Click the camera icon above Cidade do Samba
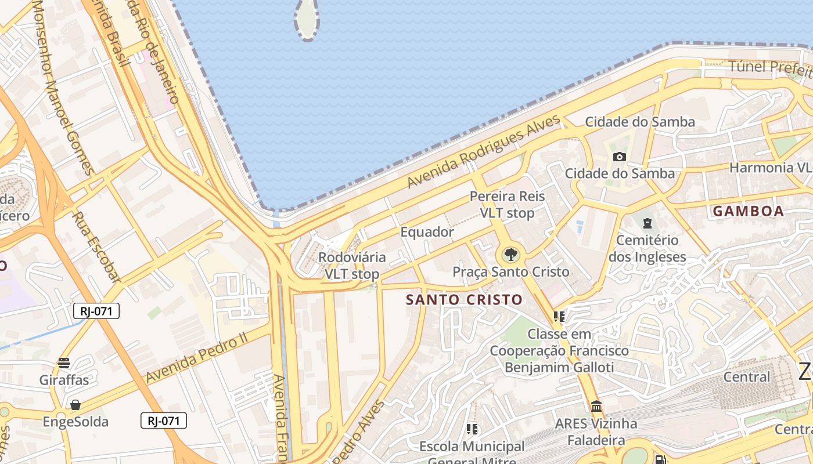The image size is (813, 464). [x=620, y=157]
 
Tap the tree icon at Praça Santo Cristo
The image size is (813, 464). [x=510, y=255]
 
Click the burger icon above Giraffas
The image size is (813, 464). [x=64, y=364]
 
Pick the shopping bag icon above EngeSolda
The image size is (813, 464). [x=75, y=405]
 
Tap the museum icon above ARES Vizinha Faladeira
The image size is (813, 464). [x=596, y=407]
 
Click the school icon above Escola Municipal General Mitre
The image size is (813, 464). [x=472, y=429]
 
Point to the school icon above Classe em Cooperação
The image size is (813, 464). [x=559, y=317]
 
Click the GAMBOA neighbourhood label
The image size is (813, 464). [x=748, y=211]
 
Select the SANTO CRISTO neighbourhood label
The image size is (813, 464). [x=464, y=299]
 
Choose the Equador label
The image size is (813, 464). [x=427, y=232]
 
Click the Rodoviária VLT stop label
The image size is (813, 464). [x=352, y=265]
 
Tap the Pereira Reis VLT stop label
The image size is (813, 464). [x=507, y=204]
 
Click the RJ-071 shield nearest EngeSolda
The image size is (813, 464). [x=163, y=420]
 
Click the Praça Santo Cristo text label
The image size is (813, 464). [x=510, y=271]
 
